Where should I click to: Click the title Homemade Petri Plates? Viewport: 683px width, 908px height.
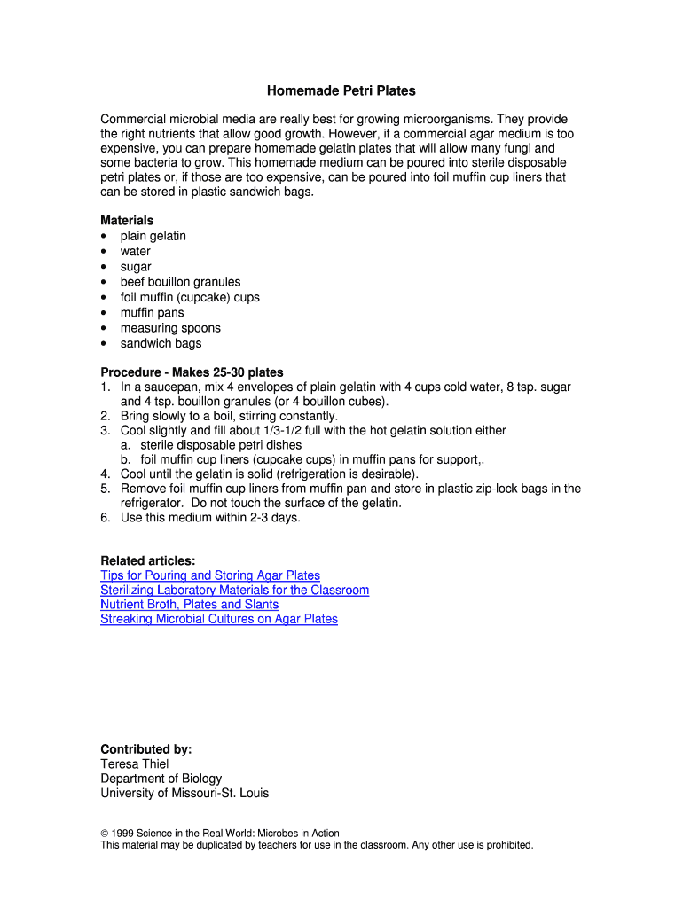click(341, 90)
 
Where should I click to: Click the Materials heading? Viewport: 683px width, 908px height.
click(127, 220)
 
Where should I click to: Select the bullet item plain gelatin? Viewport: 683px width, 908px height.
click(153, 236)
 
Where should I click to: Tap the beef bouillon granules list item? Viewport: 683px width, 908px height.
click(180, 282)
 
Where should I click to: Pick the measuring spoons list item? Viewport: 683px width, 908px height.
click(170, 328)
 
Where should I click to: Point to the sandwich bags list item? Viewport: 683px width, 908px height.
click(161, 343)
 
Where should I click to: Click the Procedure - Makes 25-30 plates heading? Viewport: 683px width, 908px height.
click(192, 372)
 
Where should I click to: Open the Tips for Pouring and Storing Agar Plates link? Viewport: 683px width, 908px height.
click(210, 575)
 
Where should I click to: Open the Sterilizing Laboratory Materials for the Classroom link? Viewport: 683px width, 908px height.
click(234, 590)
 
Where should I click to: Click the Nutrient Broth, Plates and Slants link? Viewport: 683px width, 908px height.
click(189, 604)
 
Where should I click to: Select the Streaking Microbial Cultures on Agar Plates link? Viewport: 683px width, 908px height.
click(219, 619)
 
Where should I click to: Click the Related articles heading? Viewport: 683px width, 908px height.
click(147, 560)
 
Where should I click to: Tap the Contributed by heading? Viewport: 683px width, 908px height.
click(145, 749)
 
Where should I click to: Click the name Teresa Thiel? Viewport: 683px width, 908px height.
click(134, 763)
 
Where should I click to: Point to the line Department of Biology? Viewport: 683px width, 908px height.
click(161, 779)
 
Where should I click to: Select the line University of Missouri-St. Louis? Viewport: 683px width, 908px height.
click(184, 793)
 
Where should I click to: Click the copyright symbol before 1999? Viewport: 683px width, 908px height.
click(105, 834)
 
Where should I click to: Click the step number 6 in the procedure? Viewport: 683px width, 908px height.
click(105, 518)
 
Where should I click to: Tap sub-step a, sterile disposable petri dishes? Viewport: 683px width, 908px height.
click(221, 445)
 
